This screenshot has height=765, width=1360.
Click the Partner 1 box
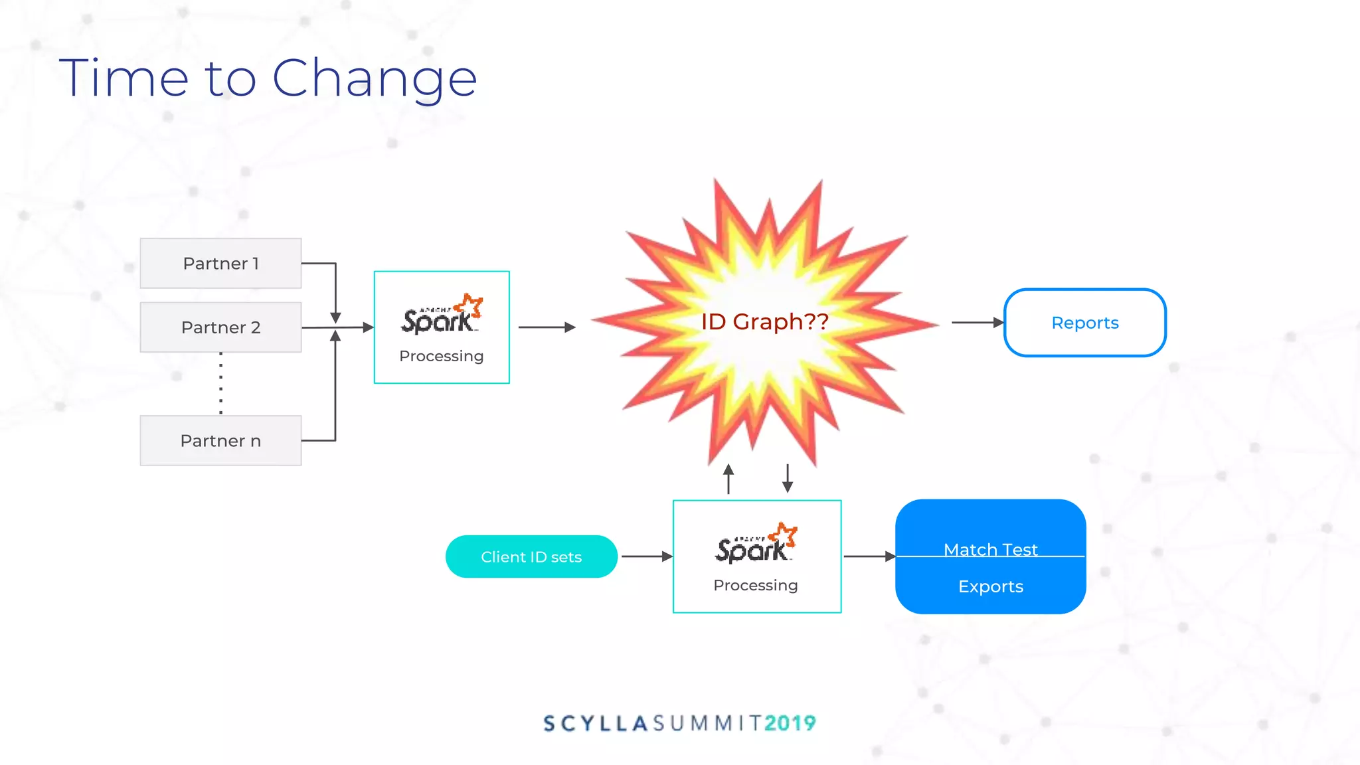point(220,264)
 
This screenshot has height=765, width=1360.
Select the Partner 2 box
point(220,327)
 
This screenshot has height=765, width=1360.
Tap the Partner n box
point(220,441)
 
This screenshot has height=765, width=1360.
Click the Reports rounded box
point(1084,323)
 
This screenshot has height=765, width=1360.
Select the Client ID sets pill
point(531,557)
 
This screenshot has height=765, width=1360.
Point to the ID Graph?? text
point(764,322)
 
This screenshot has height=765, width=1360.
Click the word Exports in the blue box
point(990,586)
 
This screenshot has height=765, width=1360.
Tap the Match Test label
point(990,549)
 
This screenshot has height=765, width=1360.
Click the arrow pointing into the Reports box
point(977,323)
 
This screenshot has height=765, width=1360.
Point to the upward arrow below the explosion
point(728,479)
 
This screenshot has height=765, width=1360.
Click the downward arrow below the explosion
point(788,478)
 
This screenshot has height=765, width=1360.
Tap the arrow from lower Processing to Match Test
point(869,556)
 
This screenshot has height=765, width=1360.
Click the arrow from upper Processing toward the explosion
point(547,327)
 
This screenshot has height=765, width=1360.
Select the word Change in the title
point(375,79)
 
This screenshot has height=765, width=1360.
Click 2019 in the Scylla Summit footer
point(790,723)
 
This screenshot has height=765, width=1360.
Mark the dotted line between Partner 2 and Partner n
point(221,384)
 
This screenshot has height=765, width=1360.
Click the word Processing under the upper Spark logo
point(442,357)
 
